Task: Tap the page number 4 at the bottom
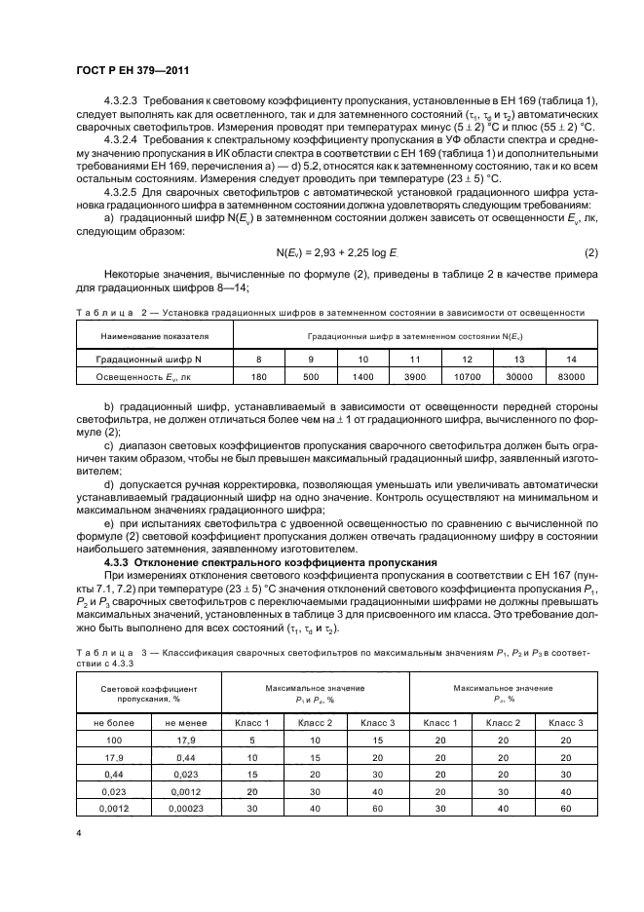(78, 833)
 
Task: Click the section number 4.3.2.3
(122, 102)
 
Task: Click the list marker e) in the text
(108, 525)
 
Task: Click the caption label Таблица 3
(108, 649)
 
